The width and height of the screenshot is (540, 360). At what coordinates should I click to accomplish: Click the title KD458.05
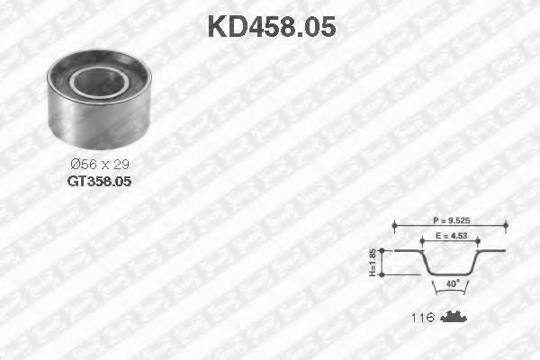point(271,26)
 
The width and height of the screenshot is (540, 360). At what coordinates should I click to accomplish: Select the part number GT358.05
point(99,180)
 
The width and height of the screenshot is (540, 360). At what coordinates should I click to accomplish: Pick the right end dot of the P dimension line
point(506,225)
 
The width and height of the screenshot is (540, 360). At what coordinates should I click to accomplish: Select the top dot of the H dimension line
point(382,251)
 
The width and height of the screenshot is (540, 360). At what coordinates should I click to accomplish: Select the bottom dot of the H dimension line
point(382,274)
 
